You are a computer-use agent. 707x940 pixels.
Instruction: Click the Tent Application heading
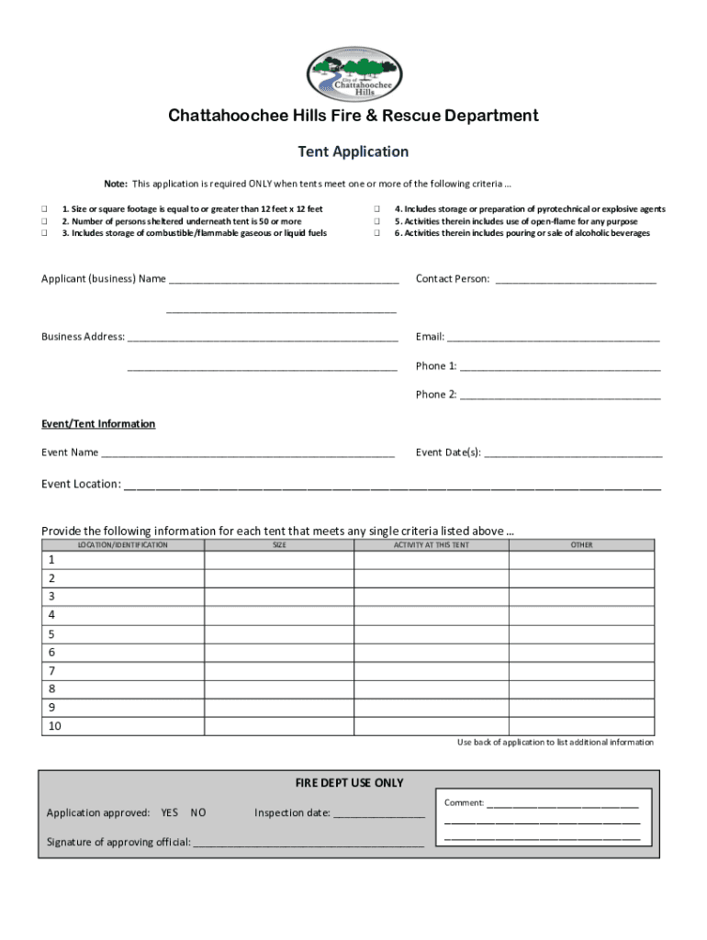pyautogui.click(x=353, y=151)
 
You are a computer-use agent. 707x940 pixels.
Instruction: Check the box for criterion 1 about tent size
pyautogui.click(x=44, y=209)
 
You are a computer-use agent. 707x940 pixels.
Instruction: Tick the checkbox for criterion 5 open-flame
pyautogui.click(x=376, y=221)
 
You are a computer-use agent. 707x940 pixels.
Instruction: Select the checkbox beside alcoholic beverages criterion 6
pyautogui.click(x=376, y=233)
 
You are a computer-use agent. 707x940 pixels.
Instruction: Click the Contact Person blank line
pyautogui.click(x=576, y=280)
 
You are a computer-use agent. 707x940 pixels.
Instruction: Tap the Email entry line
pyautogui.click(x=554, y=338)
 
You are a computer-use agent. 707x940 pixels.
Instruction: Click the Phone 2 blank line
pyautogui.click(x=560, y=396)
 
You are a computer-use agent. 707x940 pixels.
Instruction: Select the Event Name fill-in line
pyautogui.click(x=248, y=453)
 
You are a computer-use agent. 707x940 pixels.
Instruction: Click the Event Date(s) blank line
pyautogui.click(x=573, y=453)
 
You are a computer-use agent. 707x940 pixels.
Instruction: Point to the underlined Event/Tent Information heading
pyautogui.click(x=98, y=424)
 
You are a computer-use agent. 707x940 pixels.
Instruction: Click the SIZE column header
pyautogui.click(x=279, y=545)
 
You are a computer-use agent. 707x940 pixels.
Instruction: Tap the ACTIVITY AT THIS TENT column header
pyautogui.click(x=432, y=545)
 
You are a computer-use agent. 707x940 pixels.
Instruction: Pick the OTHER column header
pyautogui.click(x=581, y=545)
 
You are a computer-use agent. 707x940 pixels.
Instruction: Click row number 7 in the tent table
pyautogui.click(x=52, y=671)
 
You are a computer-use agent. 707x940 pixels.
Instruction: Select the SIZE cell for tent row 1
pyautogui.click(x=279, y=560)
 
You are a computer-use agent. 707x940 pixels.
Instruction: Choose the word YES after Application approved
pyautogui.click(x=170, y=813)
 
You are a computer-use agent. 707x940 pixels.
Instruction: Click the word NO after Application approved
pyautogui.click(x=198, y=813)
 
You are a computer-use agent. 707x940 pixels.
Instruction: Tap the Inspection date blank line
pyautogui.click(x=379, y=814)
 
